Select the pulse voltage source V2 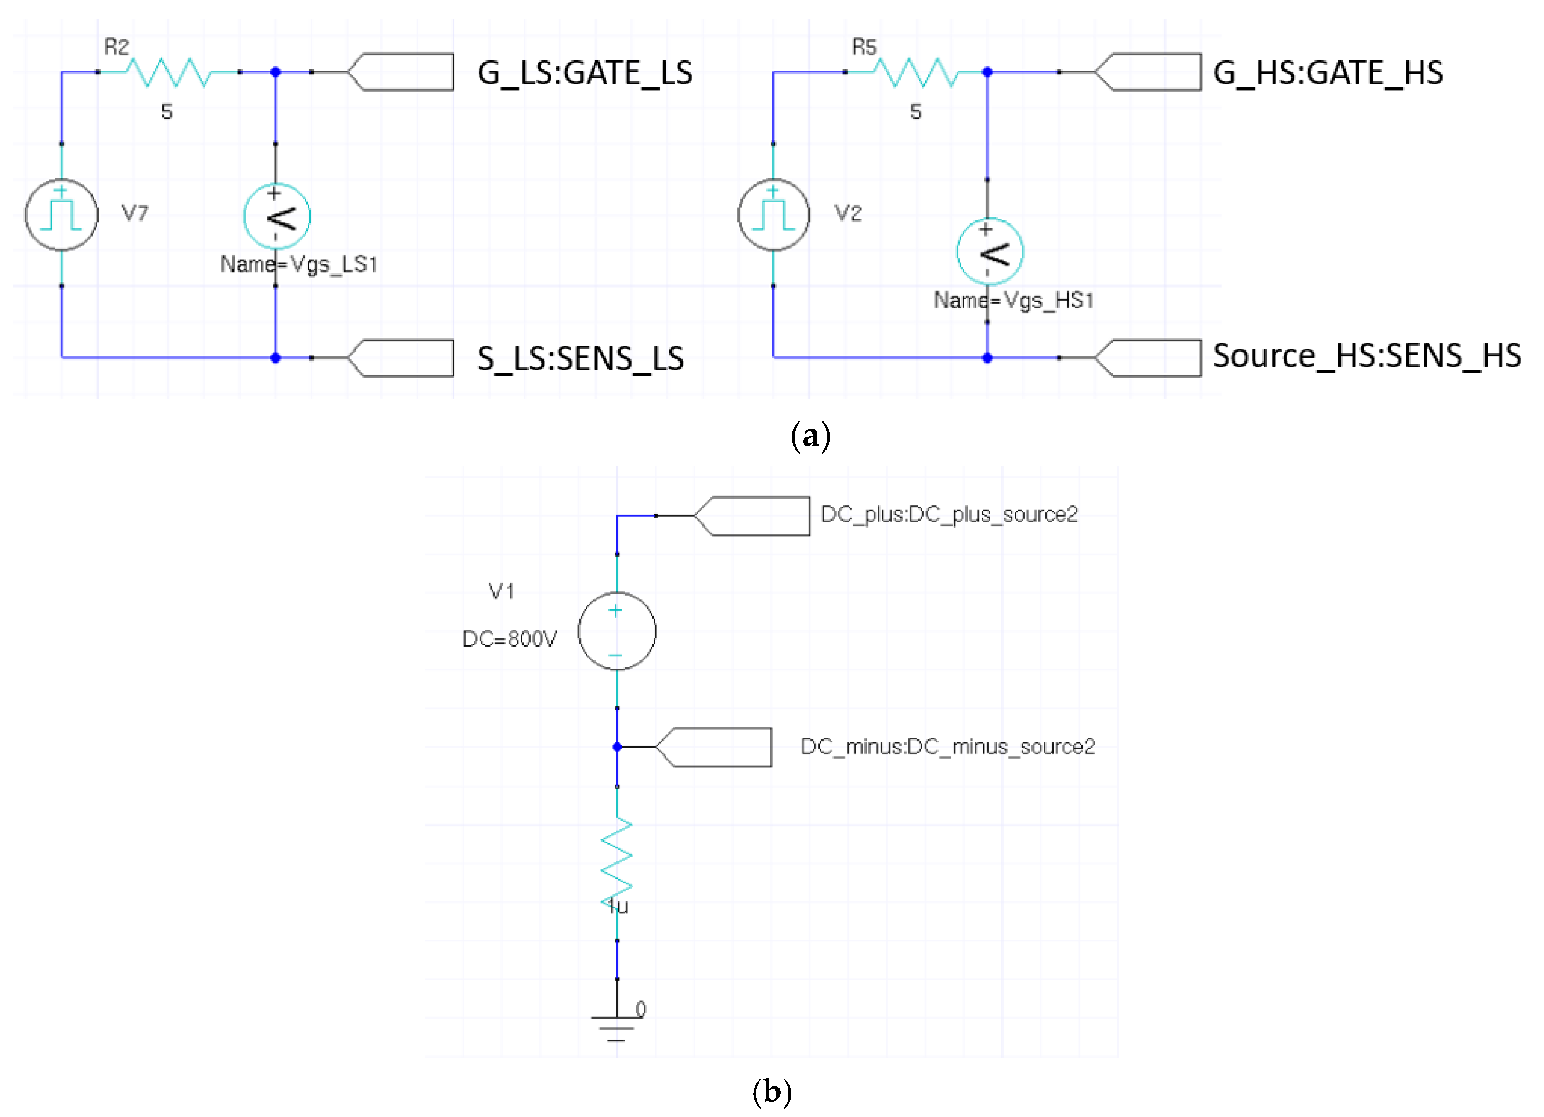point(773,214)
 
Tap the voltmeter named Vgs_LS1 point(276,217)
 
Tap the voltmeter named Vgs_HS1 point(989,252)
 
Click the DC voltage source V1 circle point(617,631)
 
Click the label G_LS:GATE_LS point(584,73)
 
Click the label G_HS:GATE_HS point(1327,73)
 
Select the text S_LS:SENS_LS point(580,359)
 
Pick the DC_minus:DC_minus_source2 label point(947,747)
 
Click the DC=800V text point(509,638)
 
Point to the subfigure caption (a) point(810,436)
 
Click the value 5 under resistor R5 point(916,112)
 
